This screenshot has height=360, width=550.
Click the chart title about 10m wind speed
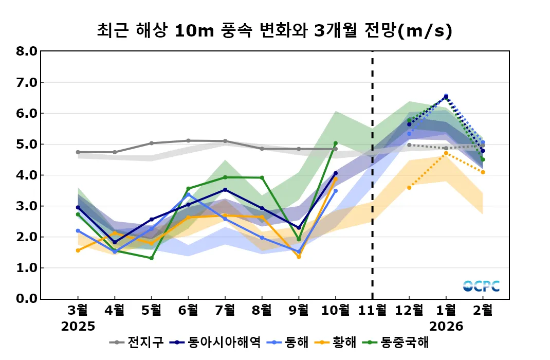[274, 31]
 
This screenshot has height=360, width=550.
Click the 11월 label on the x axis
[372, 310]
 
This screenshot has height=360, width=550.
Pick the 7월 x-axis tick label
[225, 310]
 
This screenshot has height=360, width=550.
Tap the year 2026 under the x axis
[446, 326]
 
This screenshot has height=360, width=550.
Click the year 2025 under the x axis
[78, 326]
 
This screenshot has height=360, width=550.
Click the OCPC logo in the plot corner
[481, 286]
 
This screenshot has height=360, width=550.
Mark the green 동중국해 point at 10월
[336, 143]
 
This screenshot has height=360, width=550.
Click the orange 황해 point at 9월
[299, 256]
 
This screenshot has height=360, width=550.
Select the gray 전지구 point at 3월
[78, 152]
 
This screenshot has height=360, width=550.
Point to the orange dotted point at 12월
[409, 188]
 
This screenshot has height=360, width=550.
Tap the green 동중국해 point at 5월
[152, 258]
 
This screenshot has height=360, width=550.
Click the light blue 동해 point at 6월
[188, 194]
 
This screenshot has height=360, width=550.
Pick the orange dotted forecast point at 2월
[483, 172]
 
